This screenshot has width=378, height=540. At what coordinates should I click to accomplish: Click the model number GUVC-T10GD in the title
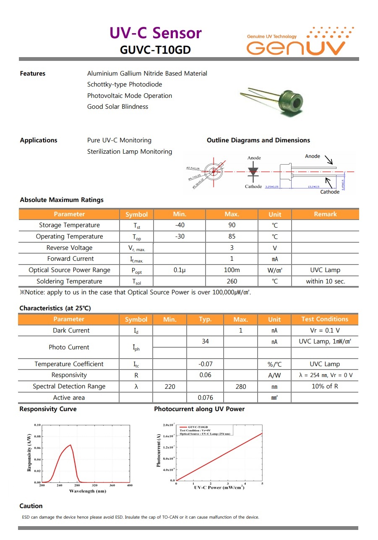[x=155, y=50]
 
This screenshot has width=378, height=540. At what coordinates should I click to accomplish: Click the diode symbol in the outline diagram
[x=253, y=171]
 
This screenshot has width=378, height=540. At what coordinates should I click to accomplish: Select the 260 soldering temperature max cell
[x=232, y=281]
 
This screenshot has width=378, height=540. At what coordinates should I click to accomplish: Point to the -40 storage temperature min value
[x=180, y=225]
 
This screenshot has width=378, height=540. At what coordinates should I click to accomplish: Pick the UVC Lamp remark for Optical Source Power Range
[x=325, y=270]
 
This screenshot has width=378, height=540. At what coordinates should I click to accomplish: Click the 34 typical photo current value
[x=205, y=341]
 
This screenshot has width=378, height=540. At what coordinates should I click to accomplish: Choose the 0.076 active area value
[x=205, y=398]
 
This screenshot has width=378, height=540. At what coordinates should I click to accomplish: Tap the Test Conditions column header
[x=325, y=319]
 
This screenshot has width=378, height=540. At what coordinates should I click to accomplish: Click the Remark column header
[x=325, y=214]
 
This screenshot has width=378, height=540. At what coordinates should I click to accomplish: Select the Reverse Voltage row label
[x=69, y=248]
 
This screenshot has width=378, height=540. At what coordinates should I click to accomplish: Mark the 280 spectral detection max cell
[x=241, y=386]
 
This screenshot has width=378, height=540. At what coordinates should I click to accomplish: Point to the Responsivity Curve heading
[x=48, y=409]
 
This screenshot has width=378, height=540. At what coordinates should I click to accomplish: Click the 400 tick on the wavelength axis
[x=130, y=485]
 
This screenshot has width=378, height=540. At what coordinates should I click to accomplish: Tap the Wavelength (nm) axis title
[x=88, y=491]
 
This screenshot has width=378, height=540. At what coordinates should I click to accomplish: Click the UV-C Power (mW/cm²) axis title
[x=219, y=488]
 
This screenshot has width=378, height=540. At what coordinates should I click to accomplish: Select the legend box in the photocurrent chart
[x=206, y=430]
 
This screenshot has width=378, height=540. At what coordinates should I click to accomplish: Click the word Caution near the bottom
[x=31, y=506]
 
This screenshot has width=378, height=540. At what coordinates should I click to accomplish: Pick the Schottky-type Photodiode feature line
[x=125, y=84]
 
